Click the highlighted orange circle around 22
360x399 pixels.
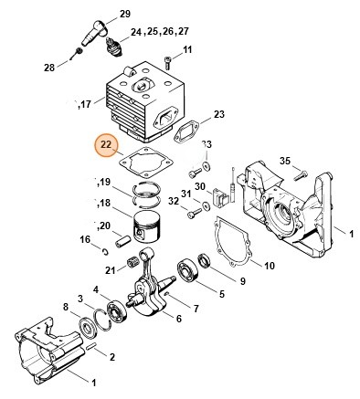click(x=106, y=146)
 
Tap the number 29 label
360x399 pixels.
click(x=125, y=15)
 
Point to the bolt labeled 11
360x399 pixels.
click(x=169, y=60)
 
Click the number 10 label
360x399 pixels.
click(x=270, y=266)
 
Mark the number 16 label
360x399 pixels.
click(x=83, y=239)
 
